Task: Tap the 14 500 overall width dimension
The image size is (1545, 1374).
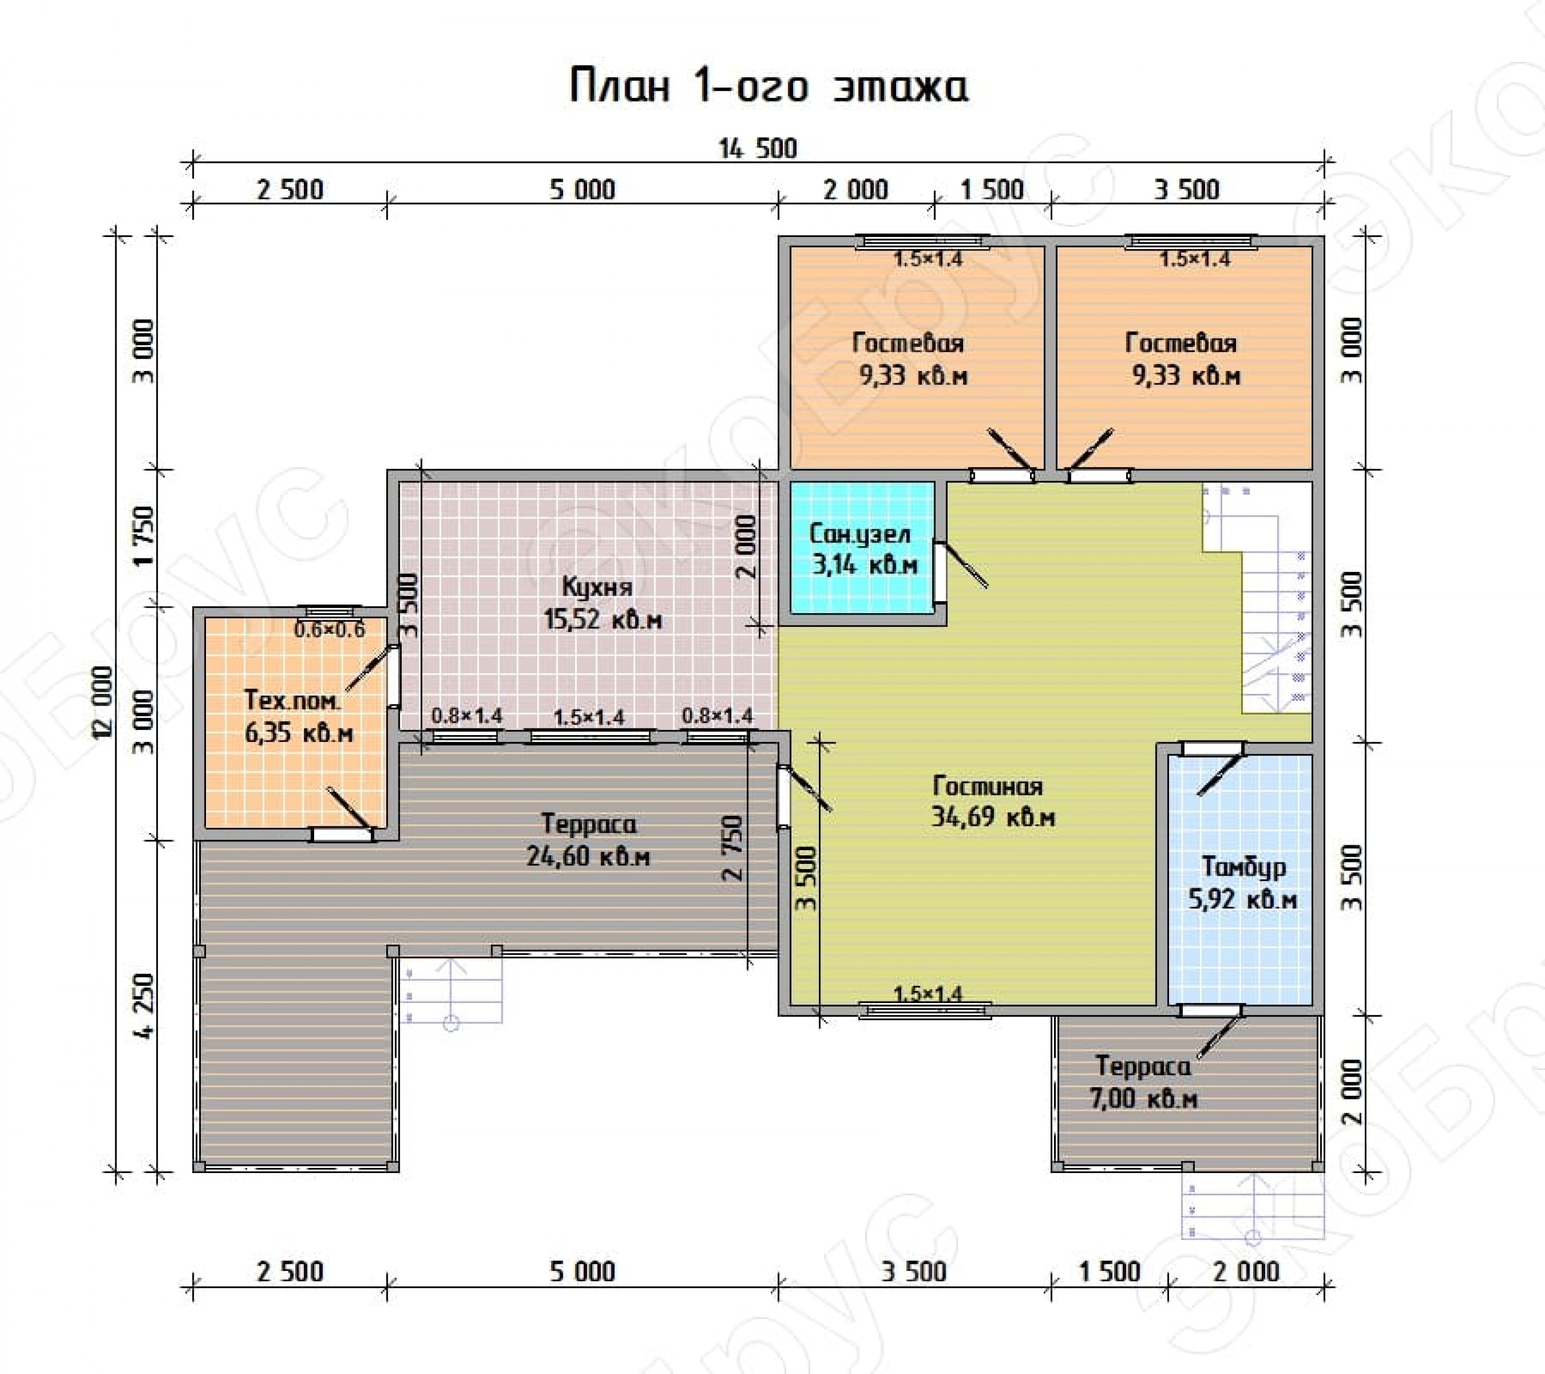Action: [758, 148]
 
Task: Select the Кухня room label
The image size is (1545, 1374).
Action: [597, 586]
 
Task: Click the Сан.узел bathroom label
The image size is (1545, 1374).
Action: [860, 534]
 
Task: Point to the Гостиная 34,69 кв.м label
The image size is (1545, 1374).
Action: [992, 802]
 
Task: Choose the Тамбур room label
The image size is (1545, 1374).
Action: [1243, 867]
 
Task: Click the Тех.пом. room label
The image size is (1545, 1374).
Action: [293, 700]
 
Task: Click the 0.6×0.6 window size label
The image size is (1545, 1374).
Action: [330, 629]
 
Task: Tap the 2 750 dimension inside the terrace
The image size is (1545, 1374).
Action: [732, 847]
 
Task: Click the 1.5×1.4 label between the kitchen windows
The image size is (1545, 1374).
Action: [589, 716]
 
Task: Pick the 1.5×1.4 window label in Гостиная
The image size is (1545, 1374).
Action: [928, 994]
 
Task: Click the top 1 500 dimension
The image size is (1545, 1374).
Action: [992, 190]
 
